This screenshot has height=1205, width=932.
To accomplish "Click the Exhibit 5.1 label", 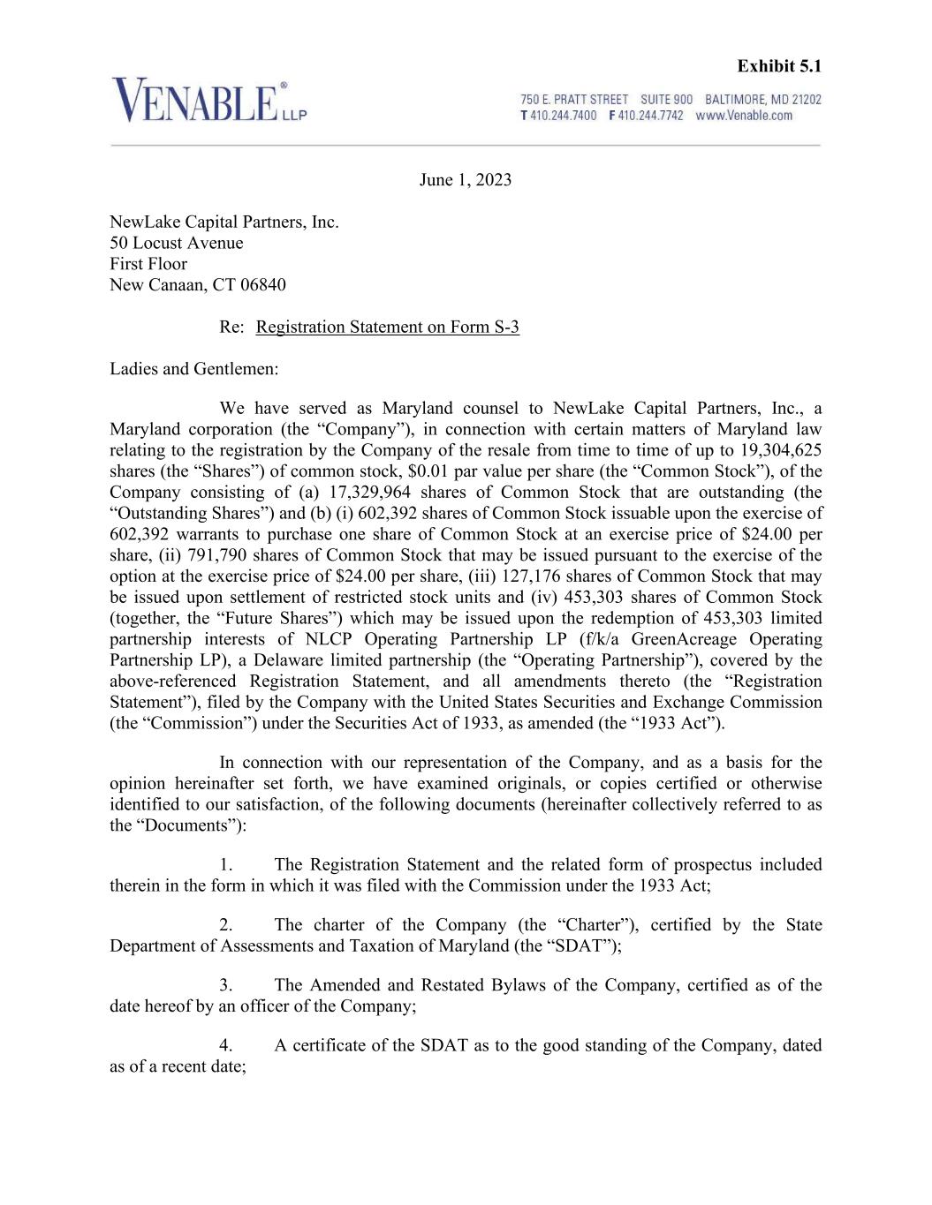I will (779, 66).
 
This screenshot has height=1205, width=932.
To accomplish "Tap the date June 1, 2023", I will (465, 180).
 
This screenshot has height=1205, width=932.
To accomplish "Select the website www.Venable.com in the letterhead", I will (744, 116).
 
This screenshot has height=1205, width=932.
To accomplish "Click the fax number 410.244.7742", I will (650, 116).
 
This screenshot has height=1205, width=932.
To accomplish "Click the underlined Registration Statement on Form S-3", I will (387, 328).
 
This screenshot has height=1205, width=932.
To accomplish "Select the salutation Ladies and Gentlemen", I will (193, 369).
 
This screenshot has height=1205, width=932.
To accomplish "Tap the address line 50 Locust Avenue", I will (177, 243).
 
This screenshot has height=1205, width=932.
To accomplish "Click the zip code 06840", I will (262, 285).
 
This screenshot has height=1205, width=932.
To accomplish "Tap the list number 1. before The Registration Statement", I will (226, 865).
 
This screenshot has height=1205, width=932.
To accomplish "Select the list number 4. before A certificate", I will (226, 1046).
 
